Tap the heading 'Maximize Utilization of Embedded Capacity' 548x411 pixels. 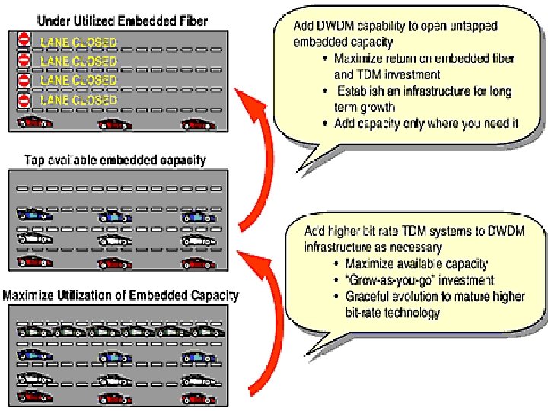(x=122, y=295)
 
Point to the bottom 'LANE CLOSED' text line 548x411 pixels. (x=78, y=100)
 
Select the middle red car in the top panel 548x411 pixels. (x=115, y=123)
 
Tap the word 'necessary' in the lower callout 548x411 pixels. (x=402, y=247)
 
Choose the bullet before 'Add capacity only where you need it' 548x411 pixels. (x=326, y=124)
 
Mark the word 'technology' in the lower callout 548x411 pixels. (x=413, y=312)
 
